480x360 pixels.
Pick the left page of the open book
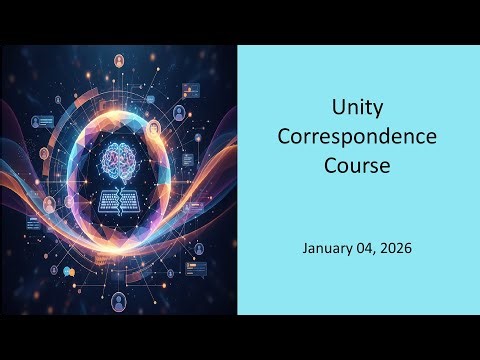[x=109, y=199]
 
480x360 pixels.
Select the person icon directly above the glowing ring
[x=119, y=62]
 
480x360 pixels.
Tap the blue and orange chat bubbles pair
[x=68, y=271]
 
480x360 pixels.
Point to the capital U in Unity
[x=337, y=108]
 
